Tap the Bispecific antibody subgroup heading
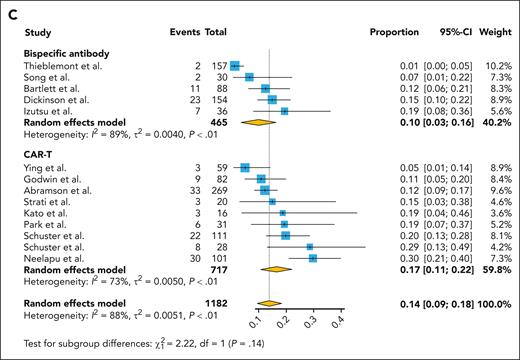(69, 50)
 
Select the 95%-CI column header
(450, 31)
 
